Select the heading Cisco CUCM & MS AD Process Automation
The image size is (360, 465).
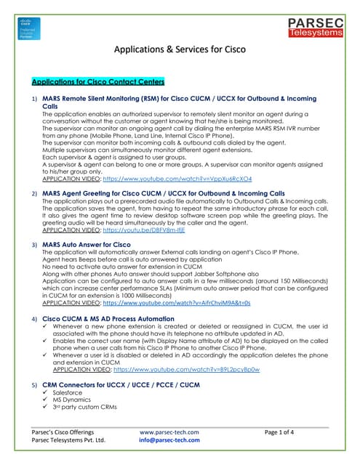(108, 319)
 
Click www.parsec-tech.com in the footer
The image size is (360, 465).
(169, 432)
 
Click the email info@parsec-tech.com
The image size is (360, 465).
(169, 440)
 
